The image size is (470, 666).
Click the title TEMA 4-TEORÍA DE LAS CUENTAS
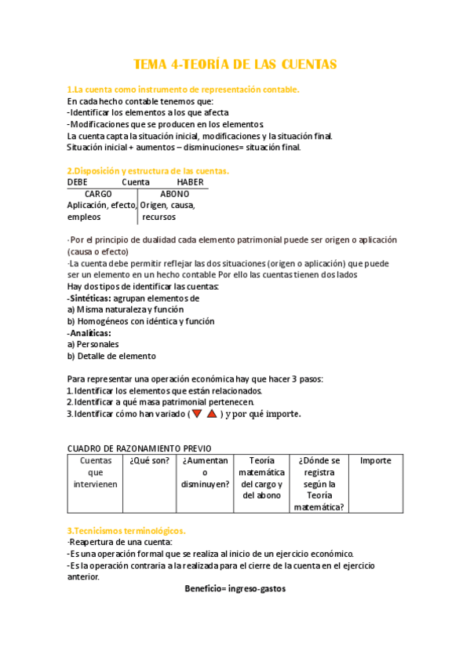click(x=235, y=64)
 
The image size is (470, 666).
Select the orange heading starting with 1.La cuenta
click(x=183, y=90)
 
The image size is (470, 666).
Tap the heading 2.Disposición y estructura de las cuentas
click(x=148, y=170)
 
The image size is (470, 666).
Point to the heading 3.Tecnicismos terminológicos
click(x=126, y=531)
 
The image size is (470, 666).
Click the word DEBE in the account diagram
click(x=78, y=182)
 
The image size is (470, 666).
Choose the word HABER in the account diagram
click(x=190, y=182)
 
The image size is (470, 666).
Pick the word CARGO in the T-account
click(x=98, y=194)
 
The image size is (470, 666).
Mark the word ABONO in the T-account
click(x=174, y=194)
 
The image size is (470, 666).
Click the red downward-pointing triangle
click(x=197, y=414)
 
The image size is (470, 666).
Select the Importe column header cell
click(x=375, y=461)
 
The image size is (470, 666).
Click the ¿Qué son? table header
click(x=149, y=461)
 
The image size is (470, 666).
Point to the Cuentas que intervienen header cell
click(x=95, y=473)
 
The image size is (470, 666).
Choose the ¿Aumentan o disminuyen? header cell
click(x=204, y=473)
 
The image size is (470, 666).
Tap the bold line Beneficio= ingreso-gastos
click(x=235, y=588)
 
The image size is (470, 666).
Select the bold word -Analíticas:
click(x=89, y=332)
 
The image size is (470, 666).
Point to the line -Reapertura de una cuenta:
click(x=119, y=542)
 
